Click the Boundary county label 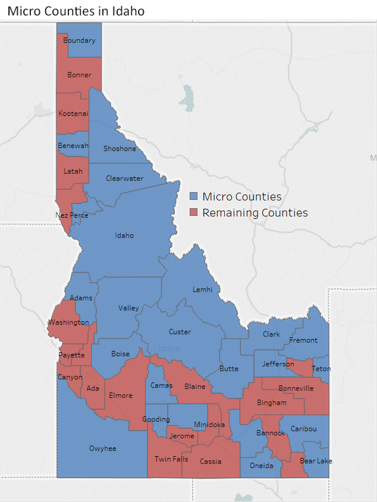pos(79,40)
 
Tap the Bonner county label pos(79,75)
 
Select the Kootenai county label pos(73,113)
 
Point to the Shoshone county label pos(120,149)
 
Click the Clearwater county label pos(124,178)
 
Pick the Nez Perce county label pos(71,215)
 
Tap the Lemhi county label pos(202,290)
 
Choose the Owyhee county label pos(102,448)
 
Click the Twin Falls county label pos(171,459)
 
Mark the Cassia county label pos(211,462)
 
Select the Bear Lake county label pos(316,461)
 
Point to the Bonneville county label pos(296,388)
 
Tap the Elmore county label pos(120,396)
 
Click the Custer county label pos(180,332)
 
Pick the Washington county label pos(68,322)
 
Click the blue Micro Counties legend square pos(193,196)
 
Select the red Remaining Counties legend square pos(193,212)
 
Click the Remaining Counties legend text pos(255,212)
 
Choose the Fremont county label pos(303,340)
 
